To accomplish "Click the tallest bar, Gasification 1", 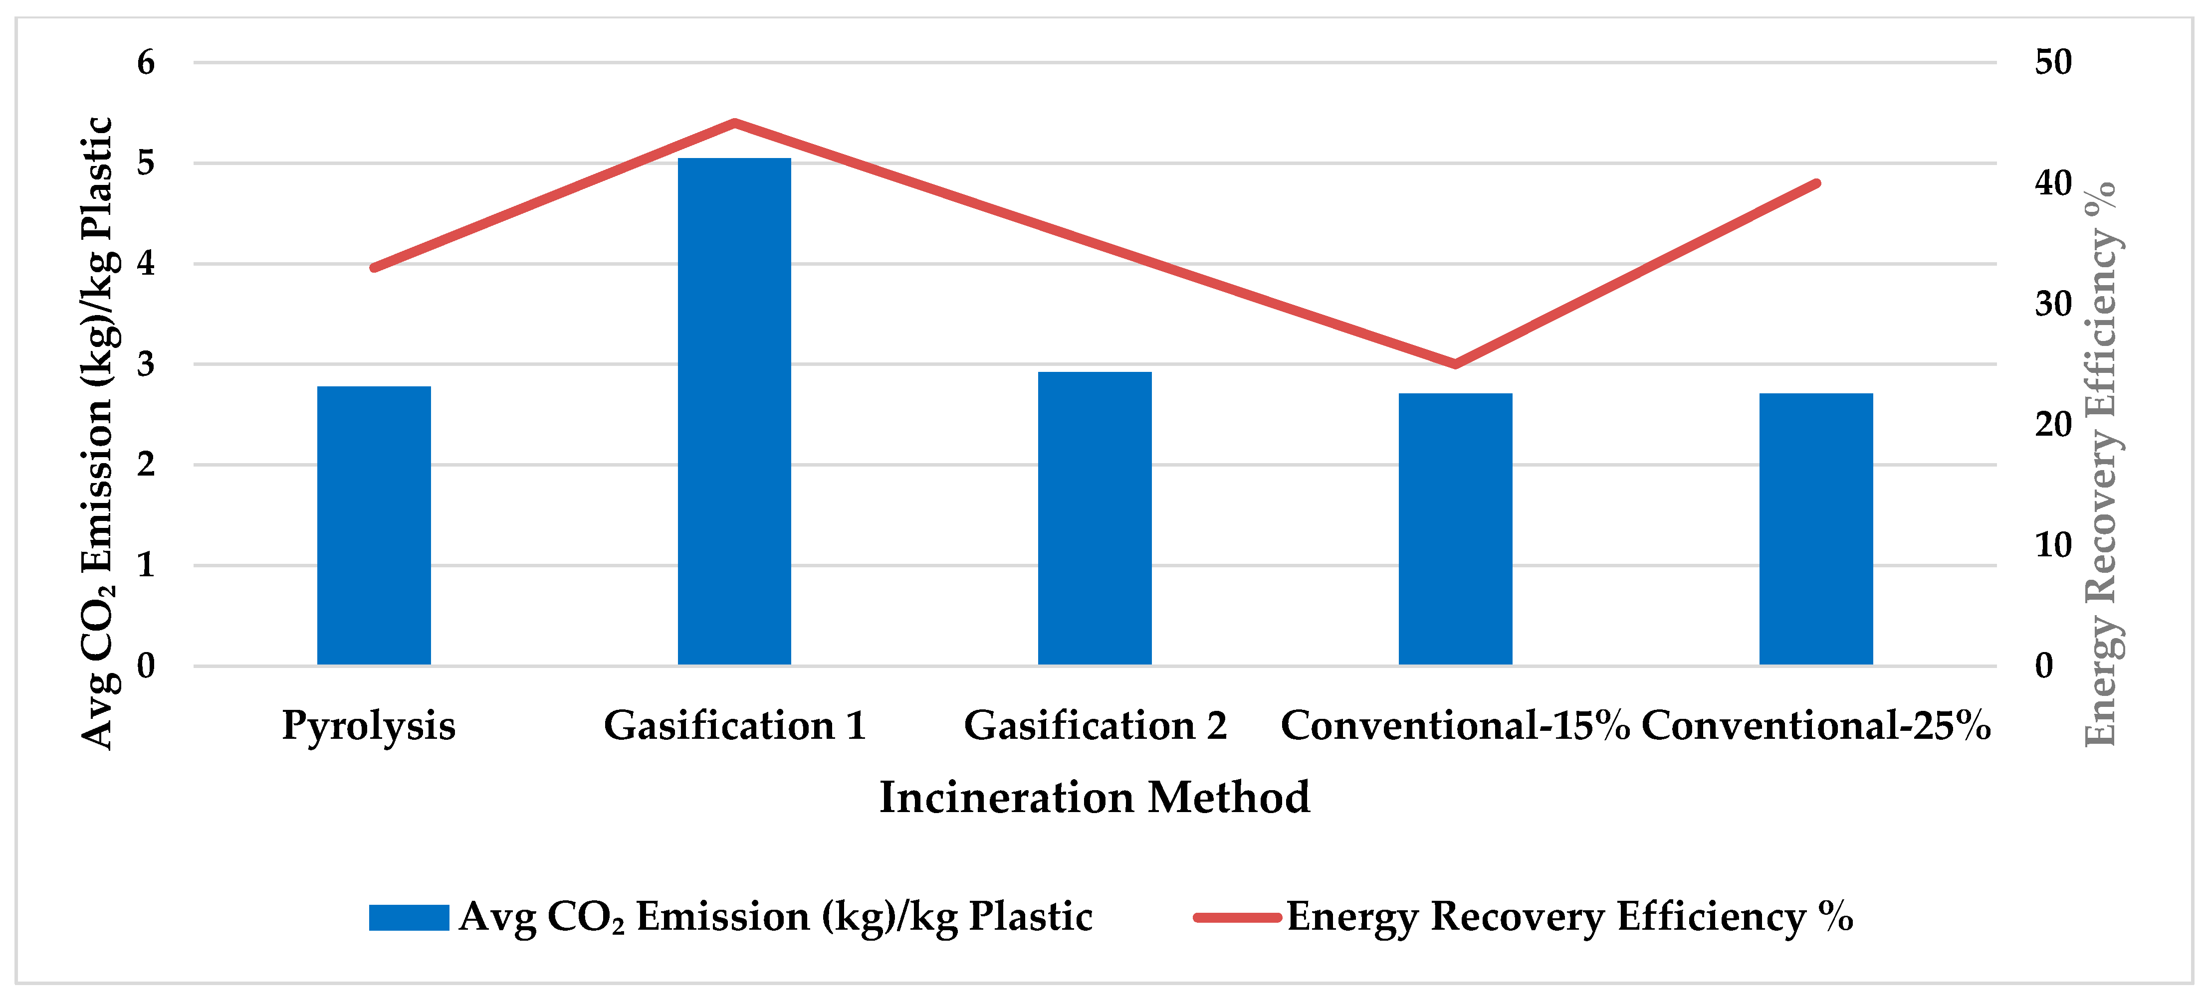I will point(734,411).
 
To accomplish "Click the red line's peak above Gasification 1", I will point(734,123).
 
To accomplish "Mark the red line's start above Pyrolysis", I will point(374,268).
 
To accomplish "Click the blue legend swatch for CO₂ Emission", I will point(409,917).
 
